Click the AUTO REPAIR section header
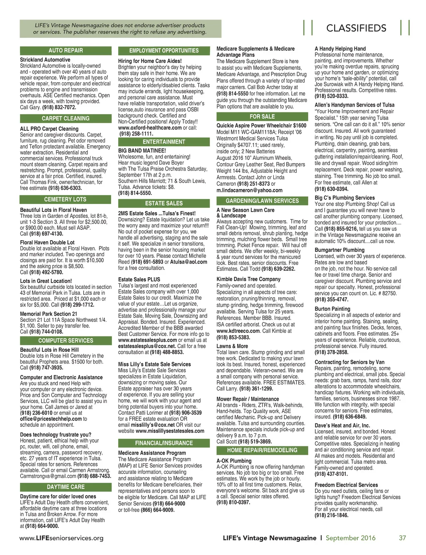(x=66, y=50)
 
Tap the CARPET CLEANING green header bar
(x=66, y=118)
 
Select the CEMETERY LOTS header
(x=66, y=199)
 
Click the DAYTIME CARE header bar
(x=66, y=487)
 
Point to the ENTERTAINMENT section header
(x=164, y=142)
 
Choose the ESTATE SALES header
(x=164, y=203)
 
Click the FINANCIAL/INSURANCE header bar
(x=164, y=443)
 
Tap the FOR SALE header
(x=262, y=117)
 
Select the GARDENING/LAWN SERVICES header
(x=262, y=201)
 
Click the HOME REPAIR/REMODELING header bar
(x=262, y=450)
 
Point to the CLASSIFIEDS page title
(x=356, y=28)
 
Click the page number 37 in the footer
(x=402, y=538)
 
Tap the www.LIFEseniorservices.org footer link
(x=62, y=538)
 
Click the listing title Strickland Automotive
(x=45, y=60)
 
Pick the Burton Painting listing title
(x=332, y=309)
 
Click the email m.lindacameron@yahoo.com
(x=249, y=190)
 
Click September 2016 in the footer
(x=350, y=538)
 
